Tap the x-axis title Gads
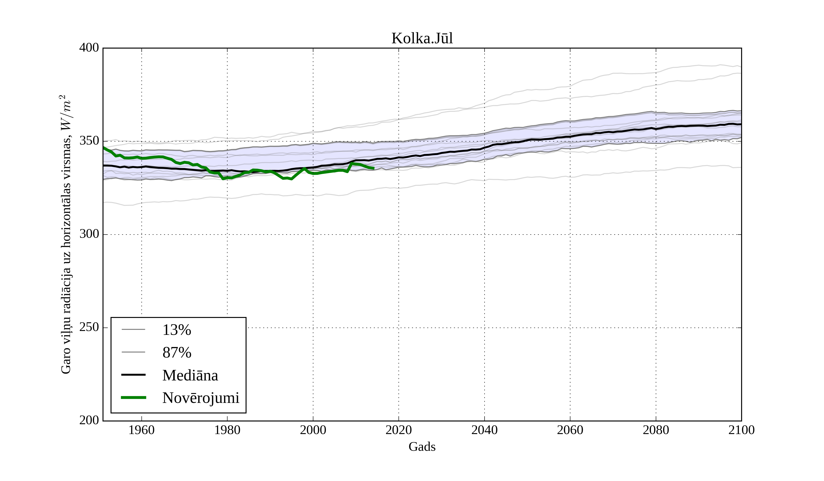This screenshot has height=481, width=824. (x=422, y=447)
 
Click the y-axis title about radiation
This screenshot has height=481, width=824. (x=66, y=234)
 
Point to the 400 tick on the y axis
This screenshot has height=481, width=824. (x=89, y=48)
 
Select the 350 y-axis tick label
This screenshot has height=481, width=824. (x=89, y=141)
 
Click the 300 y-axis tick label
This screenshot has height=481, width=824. (x=89, y=234)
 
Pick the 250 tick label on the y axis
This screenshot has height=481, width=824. (x=89, y=327)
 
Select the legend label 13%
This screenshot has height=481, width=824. (x=176, y=330)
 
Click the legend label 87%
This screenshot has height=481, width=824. (x=176, y=353)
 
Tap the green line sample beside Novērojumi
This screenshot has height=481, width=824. (x=133, y=398)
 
